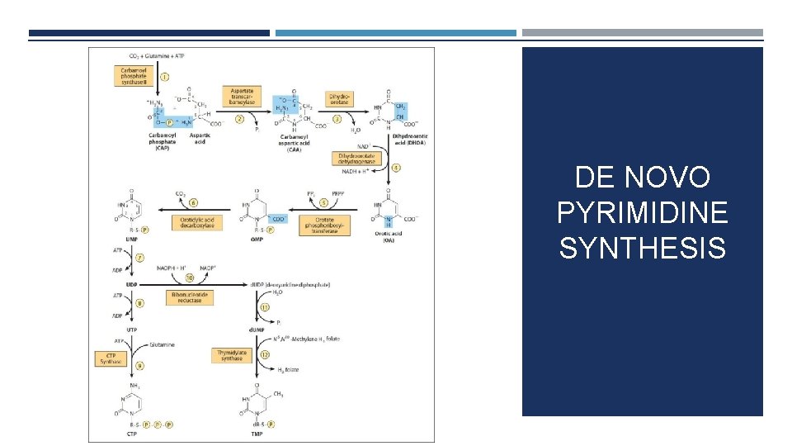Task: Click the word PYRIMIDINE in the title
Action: coord(642,212)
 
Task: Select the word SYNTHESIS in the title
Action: coord(642,247)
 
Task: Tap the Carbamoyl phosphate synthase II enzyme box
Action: coord(131,77)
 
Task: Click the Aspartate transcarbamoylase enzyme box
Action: coord(241,95)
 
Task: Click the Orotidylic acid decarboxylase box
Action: coord(197,222)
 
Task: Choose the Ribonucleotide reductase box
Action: coord(196,297)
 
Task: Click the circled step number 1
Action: coord(165,78)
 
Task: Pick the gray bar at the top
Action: coord(642,33)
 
